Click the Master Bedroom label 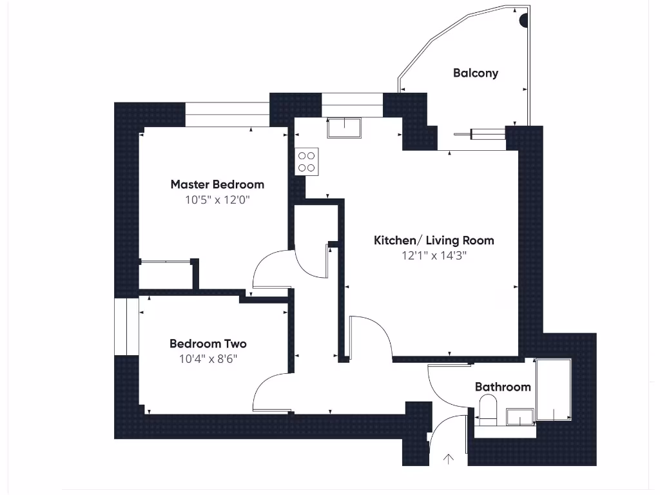(217, 184)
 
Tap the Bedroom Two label (208, 344)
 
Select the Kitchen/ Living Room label (434, 240)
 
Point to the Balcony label (476, 73)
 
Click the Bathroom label (503, 387)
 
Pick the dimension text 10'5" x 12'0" (217, 200)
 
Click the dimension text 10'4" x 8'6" (208, 358)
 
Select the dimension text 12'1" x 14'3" (434, 255)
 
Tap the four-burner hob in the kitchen (307, 162)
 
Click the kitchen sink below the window (344, 128)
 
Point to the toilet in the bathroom (489, 409)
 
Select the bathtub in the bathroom (554, 389)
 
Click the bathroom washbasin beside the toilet (520, 417)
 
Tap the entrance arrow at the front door (449, 459)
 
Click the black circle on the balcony (523, 21)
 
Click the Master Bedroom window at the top (228, 114)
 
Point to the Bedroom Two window (127, 327)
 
